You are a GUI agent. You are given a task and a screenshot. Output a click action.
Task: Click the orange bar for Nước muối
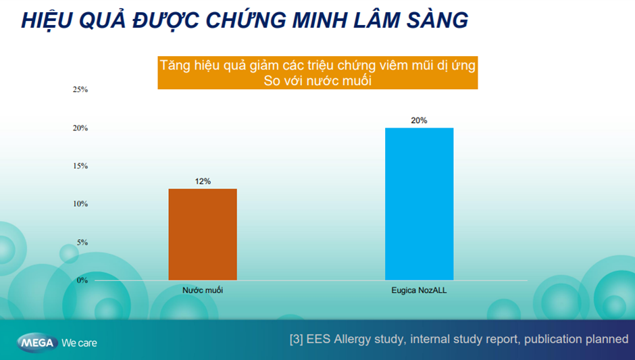click(203, 234)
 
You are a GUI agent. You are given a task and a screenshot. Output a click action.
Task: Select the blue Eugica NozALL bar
click(419, 204)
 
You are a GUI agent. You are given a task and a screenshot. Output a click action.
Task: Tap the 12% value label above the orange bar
click(203, 182)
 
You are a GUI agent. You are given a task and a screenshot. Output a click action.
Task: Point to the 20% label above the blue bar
click(419, 120)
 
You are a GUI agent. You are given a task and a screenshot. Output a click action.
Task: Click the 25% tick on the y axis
click(80, 90)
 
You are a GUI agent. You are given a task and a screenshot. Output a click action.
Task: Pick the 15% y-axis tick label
click(80, 166)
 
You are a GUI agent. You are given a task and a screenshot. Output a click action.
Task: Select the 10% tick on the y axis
click(80, 204)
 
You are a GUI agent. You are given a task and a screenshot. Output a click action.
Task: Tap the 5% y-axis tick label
click(82, 242)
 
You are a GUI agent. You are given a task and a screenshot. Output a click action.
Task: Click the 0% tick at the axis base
click(82, 280)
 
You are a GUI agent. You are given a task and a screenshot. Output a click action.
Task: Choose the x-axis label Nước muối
click(203, 290)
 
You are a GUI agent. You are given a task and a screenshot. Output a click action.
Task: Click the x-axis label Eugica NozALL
click(419, 290)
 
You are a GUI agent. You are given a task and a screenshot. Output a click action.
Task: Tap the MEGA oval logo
click(37, 343)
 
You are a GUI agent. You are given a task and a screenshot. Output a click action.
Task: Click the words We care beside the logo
click(80, 343)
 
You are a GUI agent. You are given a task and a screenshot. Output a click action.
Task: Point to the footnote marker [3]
click(296, 339)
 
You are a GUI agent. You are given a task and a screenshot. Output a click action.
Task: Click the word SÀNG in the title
click(437, 20)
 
